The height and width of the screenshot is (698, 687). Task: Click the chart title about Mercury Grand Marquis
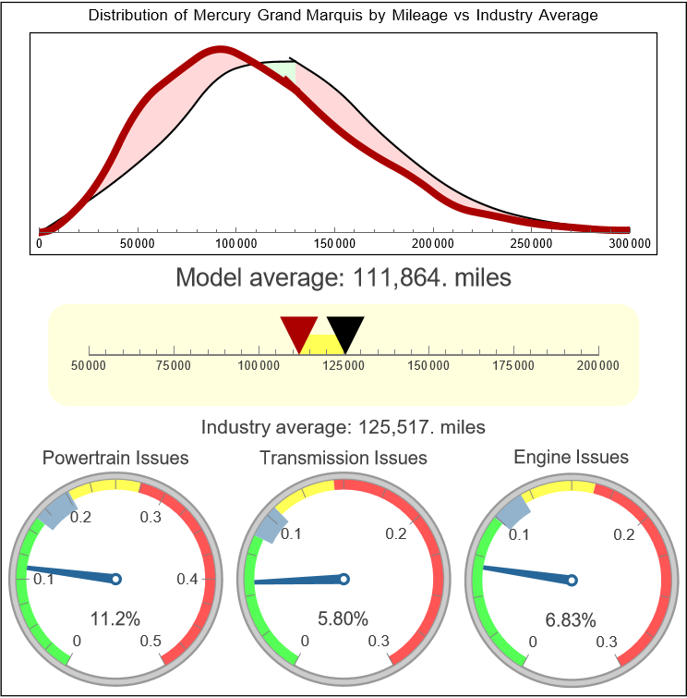[x=343, y=16]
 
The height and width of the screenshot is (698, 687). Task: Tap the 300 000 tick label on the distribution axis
[x=630, y=243]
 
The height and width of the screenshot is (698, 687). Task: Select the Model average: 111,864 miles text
[x=343, y=277]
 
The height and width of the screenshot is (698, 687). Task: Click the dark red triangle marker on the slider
[x=298, y=332]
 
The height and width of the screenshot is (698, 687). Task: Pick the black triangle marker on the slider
[x=345, y=332]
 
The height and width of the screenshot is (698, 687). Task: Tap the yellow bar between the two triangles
[x=322, y=344]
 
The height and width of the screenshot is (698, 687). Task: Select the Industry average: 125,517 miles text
[x=343, y=427]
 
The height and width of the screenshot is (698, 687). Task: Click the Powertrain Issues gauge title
[x=116, y=458]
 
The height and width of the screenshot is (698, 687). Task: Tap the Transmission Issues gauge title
[x=343, y=458]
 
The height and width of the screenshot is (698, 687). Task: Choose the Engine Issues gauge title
[x=571, y=457]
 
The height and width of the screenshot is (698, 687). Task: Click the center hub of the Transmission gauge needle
[x=343, y=579]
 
